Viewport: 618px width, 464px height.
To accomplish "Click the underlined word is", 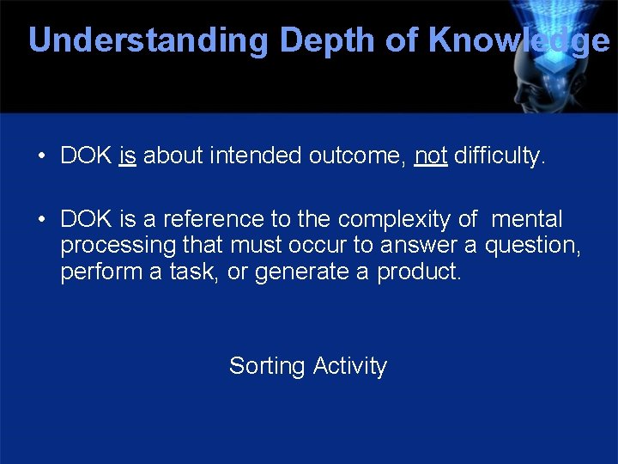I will [x=128, y=156].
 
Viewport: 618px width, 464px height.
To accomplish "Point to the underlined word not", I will [x=430, y=156].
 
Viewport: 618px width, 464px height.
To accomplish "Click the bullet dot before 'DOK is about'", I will [x=41, y=157].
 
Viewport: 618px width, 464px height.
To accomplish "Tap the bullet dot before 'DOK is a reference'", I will [x=41, y=220].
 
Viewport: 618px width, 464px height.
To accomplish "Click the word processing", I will [x=118, y=247].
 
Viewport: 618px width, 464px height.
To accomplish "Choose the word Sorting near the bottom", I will [x=267, y=367].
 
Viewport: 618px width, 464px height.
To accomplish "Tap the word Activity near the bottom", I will [x=350, y=367].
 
